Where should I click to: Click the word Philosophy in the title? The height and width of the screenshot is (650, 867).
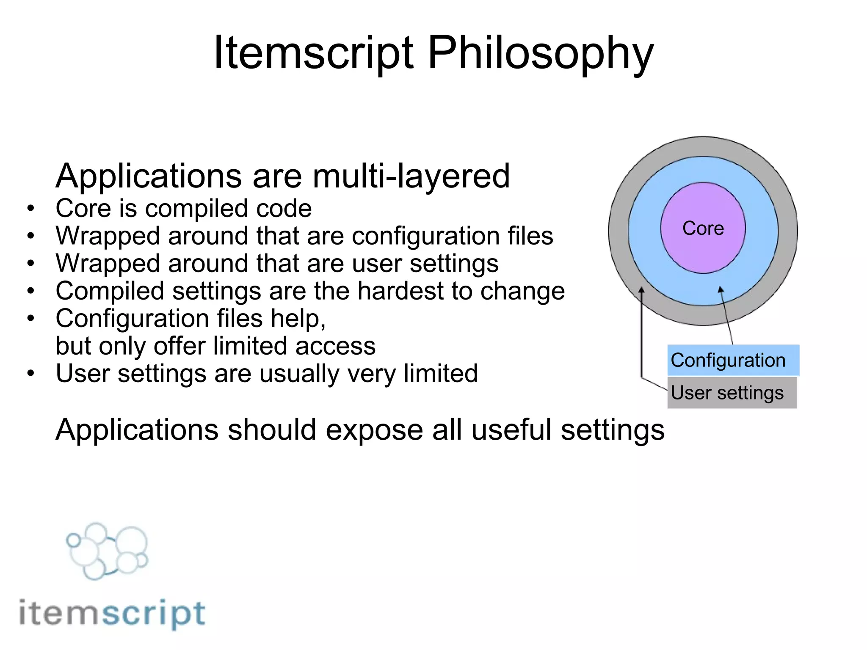(541, 53)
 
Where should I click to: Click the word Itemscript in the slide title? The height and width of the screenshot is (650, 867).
(313, 53)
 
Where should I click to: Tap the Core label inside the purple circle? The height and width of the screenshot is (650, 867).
(703, 229)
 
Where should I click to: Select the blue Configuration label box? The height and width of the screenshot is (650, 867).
(733, 361)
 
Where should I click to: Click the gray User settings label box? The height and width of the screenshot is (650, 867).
(732, 393)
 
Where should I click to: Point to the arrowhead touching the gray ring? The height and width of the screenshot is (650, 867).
(641, 290)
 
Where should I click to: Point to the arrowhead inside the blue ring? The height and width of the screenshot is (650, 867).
(721, 290)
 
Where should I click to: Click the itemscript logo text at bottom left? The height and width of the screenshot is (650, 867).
(112, 613)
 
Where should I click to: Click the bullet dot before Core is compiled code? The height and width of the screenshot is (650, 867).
(30, 208)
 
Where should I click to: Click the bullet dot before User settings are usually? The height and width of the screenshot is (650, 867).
(30, 373)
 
